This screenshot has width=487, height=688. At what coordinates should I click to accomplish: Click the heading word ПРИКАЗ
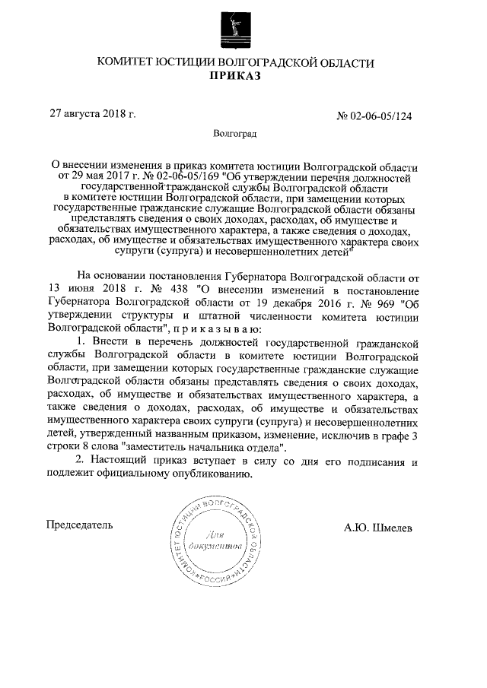click(243, 76)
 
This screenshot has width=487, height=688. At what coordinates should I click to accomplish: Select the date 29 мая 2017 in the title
click(98, 177)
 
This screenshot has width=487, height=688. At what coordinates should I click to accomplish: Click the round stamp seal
click(218, 541)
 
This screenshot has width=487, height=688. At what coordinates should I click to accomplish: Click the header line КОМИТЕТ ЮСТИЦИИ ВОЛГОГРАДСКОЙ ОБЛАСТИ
click(243, 62)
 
